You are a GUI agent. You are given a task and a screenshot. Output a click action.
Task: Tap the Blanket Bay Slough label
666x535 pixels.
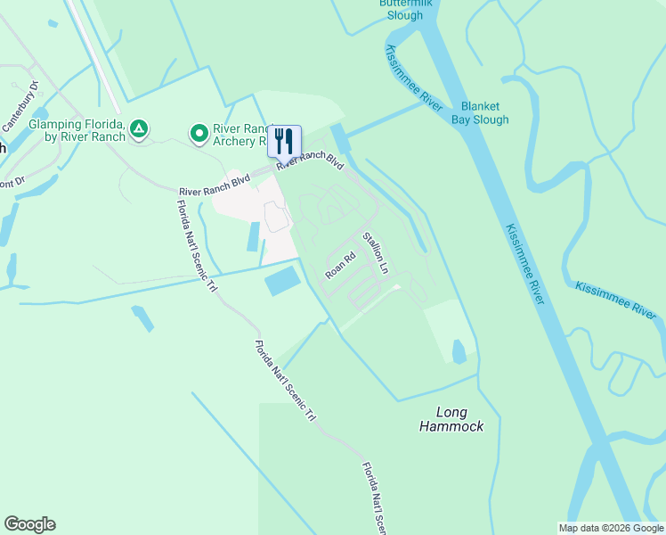click(x=480, y=112)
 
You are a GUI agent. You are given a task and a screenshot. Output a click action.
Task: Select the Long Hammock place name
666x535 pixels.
click(x=451, y=419)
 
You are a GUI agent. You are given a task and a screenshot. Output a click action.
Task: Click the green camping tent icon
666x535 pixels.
click(x=138, y=130)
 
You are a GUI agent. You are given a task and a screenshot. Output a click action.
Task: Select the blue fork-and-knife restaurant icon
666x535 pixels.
click(x=284, y=141)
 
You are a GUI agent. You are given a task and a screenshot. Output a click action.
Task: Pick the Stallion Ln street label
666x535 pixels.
click(x=375, y=252)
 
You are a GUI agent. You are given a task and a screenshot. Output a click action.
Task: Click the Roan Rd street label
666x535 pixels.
click(x=340, y=265)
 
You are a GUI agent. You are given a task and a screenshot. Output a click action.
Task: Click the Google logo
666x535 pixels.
click(x=29, y=524)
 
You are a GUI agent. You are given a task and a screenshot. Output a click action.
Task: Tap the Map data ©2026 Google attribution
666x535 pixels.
click(x=610, y=528)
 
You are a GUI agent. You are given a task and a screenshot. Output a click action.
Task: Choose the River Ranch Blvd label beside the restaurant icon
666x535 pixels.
click(x=309, y=161)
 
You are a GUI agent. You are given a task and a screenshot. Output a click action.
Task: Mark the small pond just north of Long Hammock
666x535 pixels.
click(x=459, y=351)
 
